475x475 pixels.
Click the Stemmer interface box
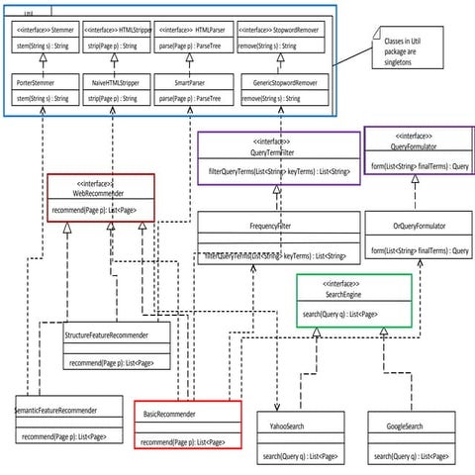[41, 39]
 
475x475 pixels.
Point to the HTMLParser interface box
[187, 39]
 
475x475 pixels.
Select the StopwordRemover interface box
[280, 39]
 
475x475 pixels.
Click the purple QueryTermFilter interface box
[277, 158]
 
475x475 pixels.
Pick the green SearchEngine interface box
[353, 301]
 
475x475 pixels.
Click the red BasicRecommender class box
[187, 426]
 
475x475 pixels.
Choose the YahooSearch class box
[300, 439]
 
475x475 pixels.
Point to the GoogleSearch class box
[406, 439]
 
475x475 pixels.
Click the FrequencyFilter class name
[277, 225]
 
